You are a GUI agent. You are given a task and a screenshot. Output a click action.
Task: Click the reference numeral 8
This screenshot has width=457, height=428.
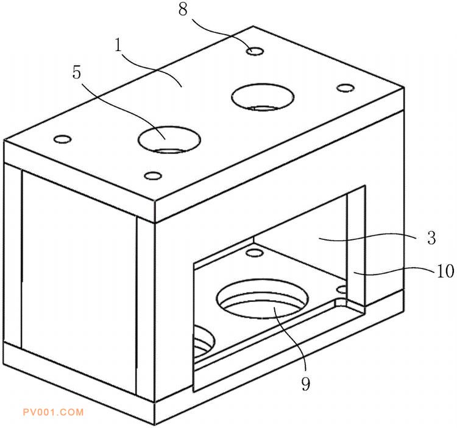point(183,10)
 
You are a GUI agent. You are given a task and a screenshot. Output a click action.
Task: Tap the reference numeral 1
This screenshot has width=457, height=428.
point(118,44)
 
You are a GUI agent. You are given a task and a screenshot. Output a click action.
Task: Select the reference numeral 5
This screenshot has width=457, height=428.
point(77,72)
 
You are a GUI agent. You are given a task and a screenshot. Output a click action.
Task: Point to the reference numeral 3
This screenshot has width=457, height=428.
point(431,238)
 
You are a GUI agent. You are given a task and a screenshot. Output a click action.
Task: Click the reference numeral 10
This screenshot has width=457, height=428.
point(445,271)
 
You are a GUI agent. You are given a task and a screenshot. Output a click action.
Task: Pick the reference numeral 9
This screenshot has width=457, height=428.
point(306,384)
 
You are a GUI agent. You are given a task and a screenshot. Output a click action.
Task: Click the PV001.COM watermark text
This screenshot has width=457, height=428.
point(54,412)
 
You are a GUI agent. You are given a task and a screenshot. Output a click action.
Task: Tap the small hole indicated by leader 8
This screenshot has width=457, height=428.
point(255,52)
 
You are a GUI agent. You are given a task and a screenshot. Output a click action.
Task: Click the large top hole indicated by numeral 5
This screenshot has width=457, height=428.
point(169,139)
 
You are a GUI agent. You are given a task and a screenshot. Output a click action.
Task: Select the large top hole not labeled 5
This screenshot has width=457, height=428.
point(263,97)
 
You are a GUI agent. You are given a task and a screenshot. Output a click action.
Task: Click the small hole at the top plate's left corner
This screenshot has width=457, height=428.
point(63,139)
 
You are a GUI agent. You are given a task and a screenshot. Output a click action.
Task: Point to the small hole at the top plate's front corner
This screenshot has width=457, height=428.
point(154,176)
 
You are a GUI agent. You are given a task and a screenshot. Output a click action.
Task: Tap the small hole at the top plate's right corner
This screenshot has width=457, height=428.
point(345,87)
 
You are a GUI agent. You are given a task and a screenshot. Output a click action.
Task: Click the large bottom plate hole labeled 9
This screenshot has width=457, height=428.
point(262,299)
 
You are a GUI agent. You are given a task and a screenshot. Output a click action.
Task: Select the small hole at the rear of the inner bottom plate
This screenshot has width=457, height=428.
point(254,253)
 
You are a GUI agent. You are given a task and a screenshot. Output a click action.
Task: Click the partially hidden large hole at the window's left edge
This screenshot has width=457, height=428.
point(204,340)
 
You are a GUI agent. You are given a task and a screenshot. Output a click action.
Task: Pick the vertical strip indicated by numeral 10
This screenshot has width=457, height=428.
point(356,247)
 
